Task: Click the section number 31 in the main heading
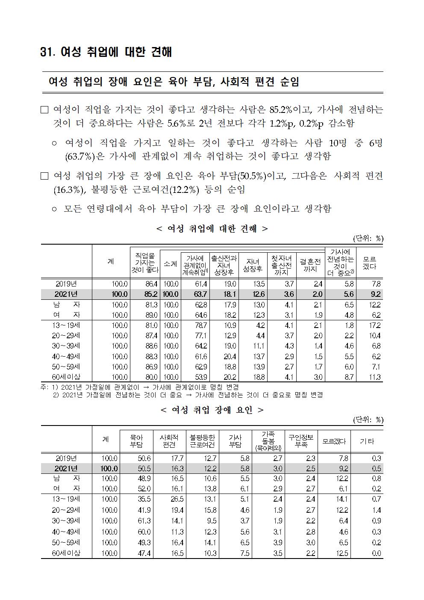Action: [x=46, y=52]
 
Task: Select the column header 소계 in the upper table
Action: [x=171, y=264]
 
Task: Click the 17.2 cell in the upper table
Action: [x=374, y=325]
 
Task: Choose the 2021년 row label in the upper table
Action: [x=66, y=294]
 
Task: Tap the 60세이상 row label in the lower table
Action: [x=66, y=553]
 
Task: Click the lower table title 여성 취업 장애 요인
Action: [x=212, y=410]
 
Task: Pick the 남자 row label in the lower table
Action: [x=66, y=478]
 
